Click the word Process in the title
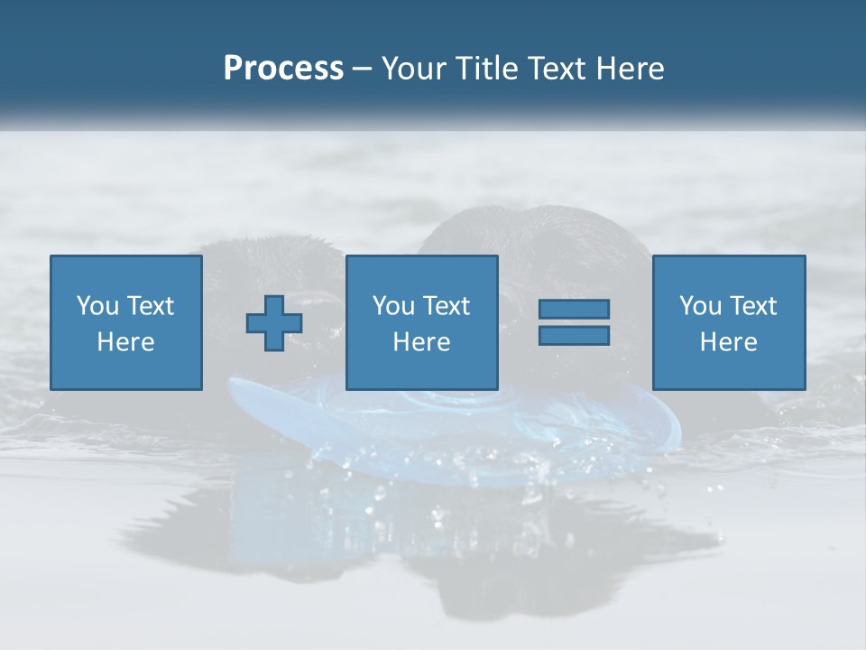pos(283,69)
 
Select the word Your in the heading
pos(412,69)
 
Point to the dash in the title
pos(363,70)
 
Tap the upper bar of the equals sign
pos(574,309)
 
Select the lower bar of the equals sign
pos(574,336)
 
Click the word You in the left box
pos(97,306)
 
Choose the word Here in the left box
pos(125,342)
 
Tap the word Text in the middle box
pos(446,306)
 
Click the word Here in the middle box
pos(421,342)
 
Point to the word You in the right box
pos(700,306)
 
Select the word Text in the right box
pos(752,306)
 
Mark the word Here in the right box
pos(728,342)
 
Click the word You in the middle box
pos(393,306)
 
